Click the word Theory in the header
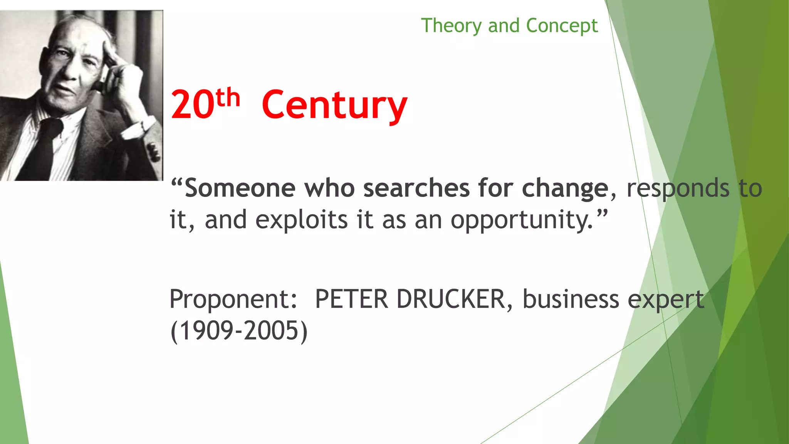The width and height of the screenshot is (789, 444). (451, 26)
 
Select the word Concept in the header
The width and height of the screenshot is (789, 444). (562, 26)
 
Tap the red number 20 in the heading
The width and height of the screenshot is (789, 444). (192, 104)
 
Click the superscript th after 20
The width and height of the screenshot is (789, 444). (228, 98)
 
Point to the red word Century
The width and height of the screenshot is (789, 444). (334, 105)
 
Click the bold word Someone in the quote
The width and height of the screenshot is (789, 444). (240, 188)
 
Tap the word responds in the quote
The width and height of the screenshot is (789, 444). (678, 188)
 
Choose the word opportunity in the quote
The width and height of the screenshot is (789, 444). (521, 220)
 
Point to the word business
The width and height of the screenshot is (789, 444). (571, 299)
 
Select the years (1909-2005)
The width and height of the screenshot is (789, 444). (239, 331)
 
